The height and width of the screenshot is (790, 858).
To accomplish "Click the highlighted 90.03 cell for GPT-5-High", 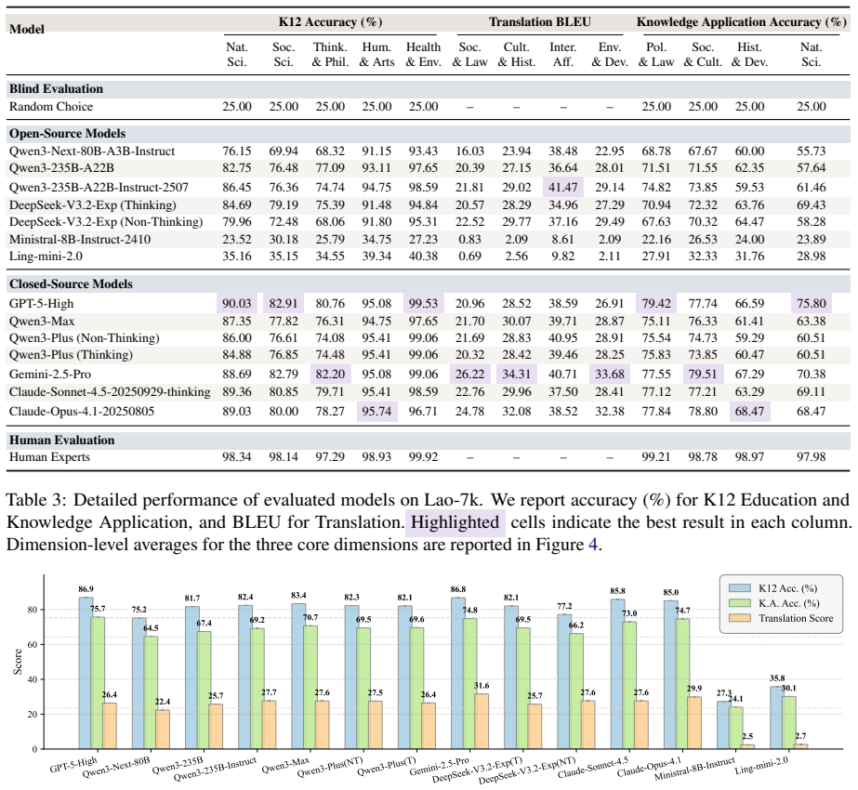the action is coord(237,304).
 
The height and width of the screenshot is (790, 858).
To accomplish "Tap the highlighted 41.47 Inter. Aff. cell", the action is coord(563,187).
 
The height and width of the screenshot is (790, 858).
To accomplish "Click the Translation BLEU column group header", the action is coord(539,22).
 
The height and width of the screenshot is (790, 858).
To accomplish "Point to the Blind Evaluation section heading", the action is coord(56,88).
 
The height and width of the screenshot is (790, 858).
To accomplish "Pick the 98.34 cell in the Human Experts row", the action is coord(237,457).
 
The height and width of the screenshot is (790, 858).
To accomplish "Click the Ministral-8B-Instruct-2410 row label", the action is coord(80,239).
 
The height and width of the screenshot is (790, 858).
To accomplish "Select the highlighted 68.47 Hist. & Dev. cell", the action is coord(749,412).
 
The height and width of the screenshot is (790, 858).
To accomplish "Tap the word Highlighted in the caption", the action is coord(455,522).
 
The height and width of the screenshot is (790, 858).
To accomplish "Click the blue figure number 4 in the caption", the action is coord(593,545).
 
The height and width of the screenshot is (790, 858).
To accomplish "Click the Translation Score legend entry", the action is coord(781,618).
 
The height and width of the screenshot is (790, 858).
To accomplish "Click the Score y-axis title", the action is coord(18,662).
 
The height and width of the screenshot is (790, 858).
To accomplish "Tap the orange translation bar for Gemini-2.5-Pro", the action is coord(482,721).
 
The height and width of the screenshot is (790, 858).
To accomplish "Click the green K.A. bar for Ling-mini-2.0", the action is coord(789,723).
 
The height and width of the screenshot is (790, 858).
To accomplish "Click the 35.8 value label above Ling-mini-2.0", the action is coord(777,678).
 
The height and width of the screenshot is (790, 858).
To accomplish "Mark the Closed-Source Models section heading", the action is coord(72,284).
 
